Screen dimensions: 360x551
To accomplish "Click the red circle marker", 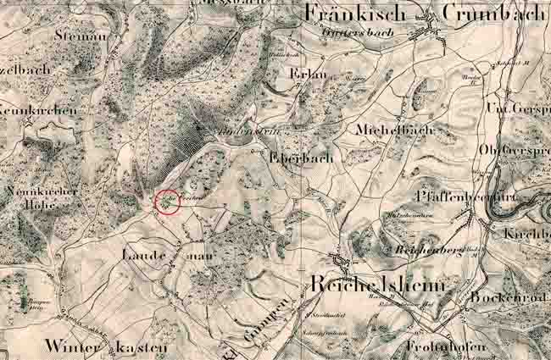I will point(168,202).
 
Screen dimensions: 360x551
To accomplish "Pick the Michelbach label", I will point(394,130).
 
